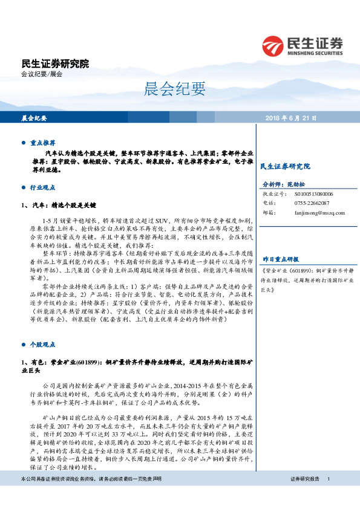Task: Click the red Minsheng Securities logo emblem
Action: pos(273,45)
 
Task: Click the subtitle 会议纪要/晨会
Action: pos(42,74)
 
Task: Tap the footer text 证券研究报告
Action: pos(305,496)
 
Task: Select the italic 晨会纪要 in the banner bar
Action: pos(34,118)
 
